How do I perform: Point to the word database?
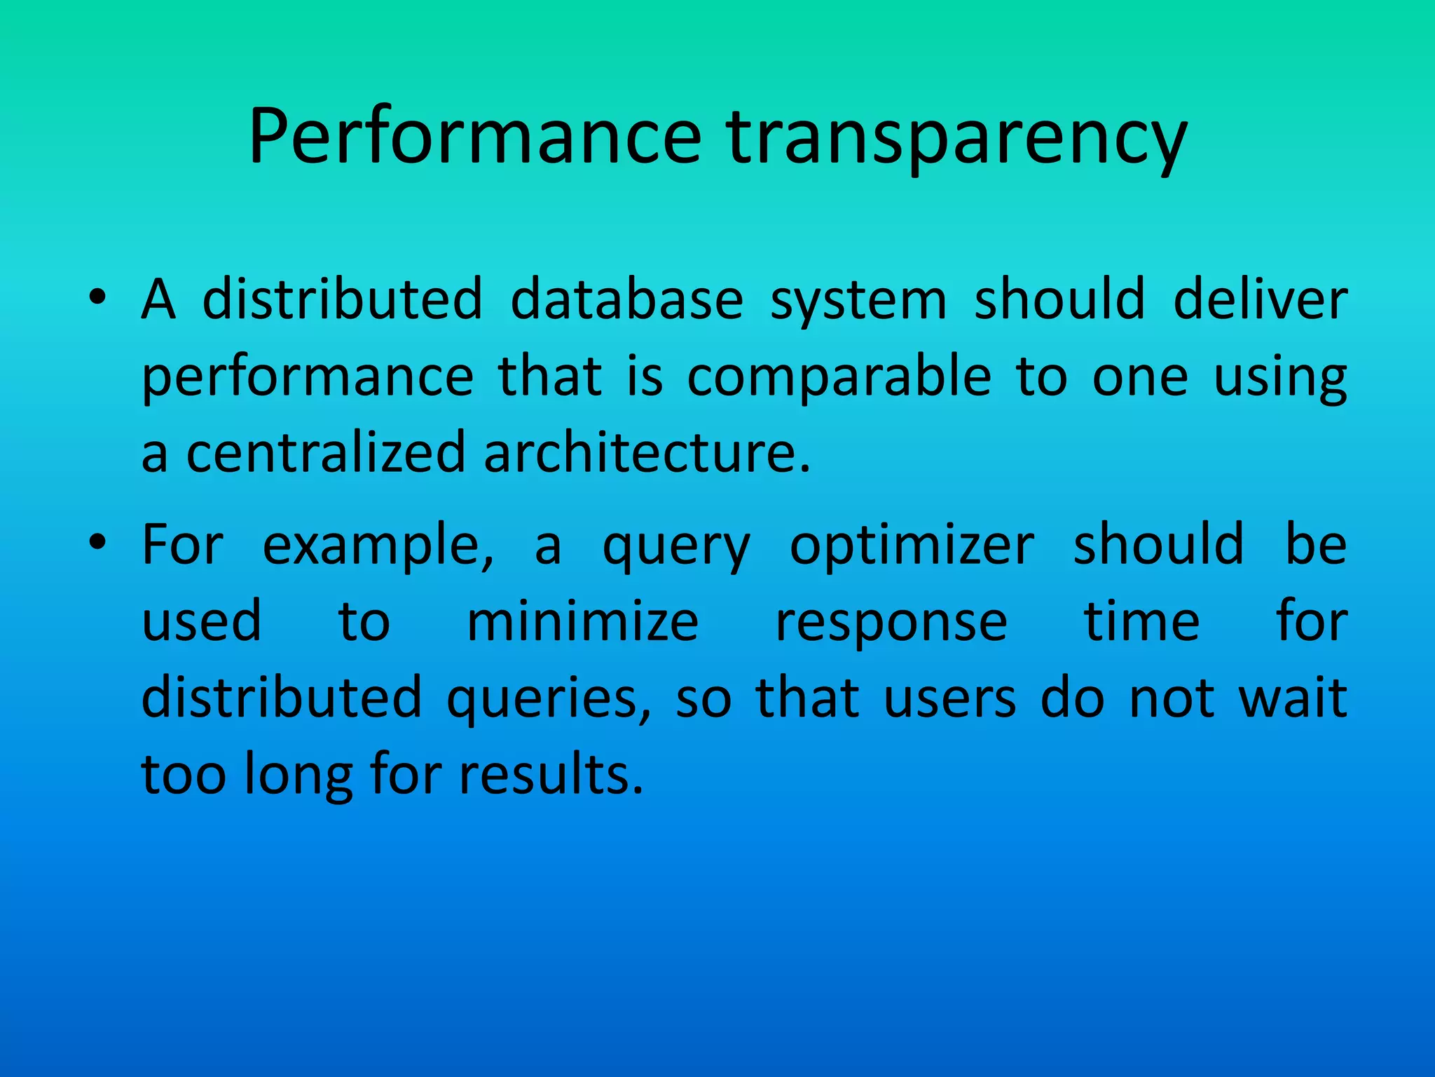[x=626, y=299]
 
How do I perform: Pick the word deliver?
[x=1260, y=299]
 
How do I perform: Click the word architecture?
[x=646, y=452]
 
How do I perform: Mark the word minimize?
[x=582, y=622]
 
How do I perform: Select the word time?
[x=1141, y=622]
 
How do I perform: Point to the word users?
[x=949, y=700]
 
